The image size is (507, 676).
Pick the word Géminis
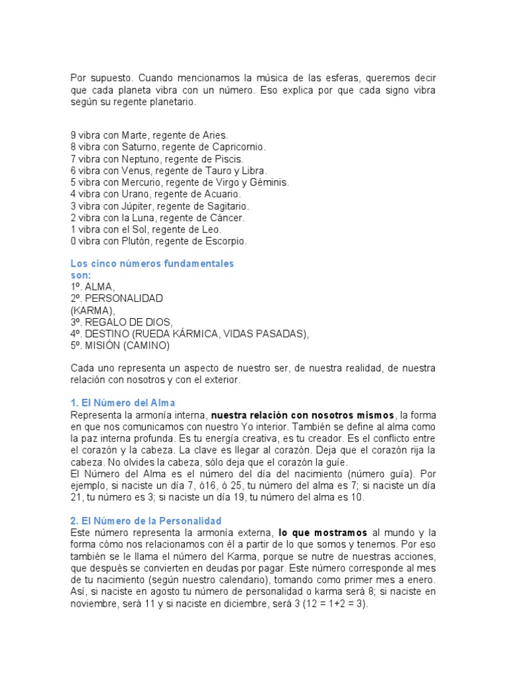(x=269, y=182)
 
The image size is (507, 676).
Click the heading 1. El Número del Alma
(x=123, y=403)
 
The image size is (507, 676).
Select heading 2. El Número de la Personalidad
(x=146, y=521)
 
